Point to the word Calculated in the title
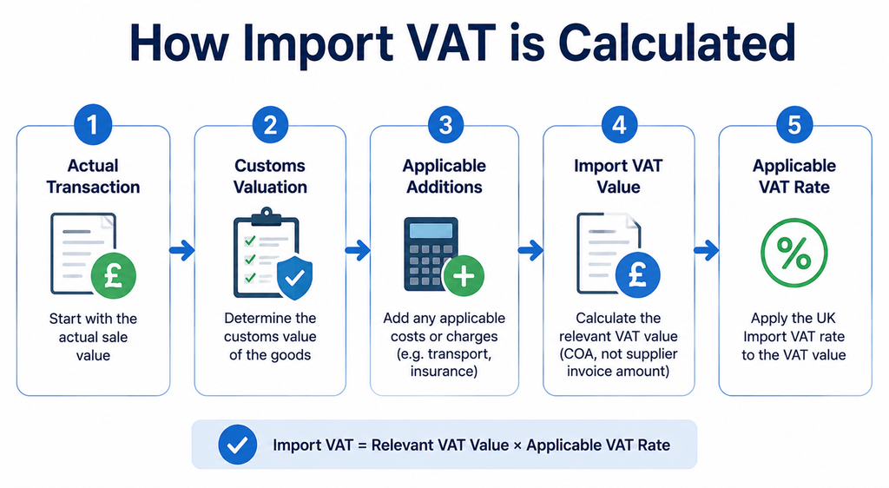pos(676,43)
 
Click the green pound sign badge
pos(114,276)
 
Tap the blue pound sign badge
pos(638,275)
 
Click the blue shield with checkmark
pos(294,277)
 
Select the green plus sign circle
pos(464,276)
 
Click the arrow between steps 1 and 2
pos(182,250)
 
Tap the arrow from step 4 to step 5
pos(707,250)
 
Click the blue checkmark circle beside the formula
pos(238,445)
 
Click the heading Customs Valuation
pos(270,176)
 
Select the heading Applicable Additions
pos(444,176)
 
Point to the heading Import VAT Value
pos(618,176)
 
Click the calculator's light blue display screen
pos(431,230)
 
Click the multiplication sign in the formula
pos(517,445)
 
